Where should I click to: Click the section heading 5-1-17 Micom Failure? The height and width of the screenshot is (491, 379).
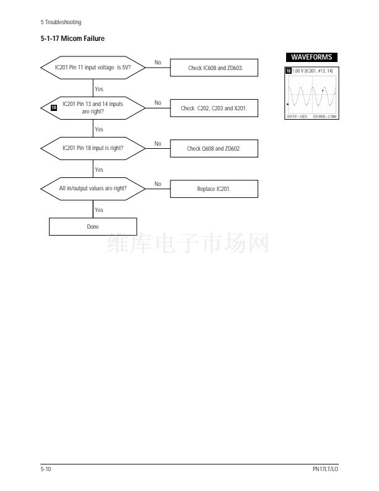pos(72,39)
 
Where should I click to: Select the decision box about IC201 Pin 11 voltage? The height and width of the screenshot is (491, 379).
pos(93,68)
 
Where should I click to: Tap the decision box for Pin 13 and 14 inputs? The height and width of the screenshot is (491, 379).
pos(93,108)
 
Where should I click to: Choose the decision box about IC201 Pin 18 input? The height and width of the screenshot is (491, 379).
pos(93,148)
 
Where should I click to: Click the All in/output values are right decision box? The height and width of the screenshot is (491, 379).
pos(93,188)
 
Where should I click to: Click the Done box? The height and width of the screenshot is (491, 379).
pos(93,227)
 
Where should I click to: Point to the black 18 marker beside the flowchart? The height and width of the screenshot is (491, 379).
pos(54,108)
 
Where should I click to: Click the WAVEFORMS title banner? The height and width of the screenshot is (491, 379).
pos(311,58)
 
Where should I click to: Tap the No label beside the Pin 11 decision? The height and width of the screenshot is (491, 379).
pos(158,63)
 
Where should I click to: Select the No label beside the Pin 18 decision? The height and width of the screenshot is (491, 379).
pos(158,143)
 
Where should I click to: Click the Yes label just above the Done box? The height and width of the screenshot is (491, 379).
pos(99,210)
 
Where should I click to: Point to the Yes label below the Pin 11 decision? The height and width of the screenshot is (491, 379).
pos(99,89)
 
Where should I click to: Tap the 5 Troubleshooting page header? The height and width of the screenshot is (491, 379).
pos(61,23)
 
